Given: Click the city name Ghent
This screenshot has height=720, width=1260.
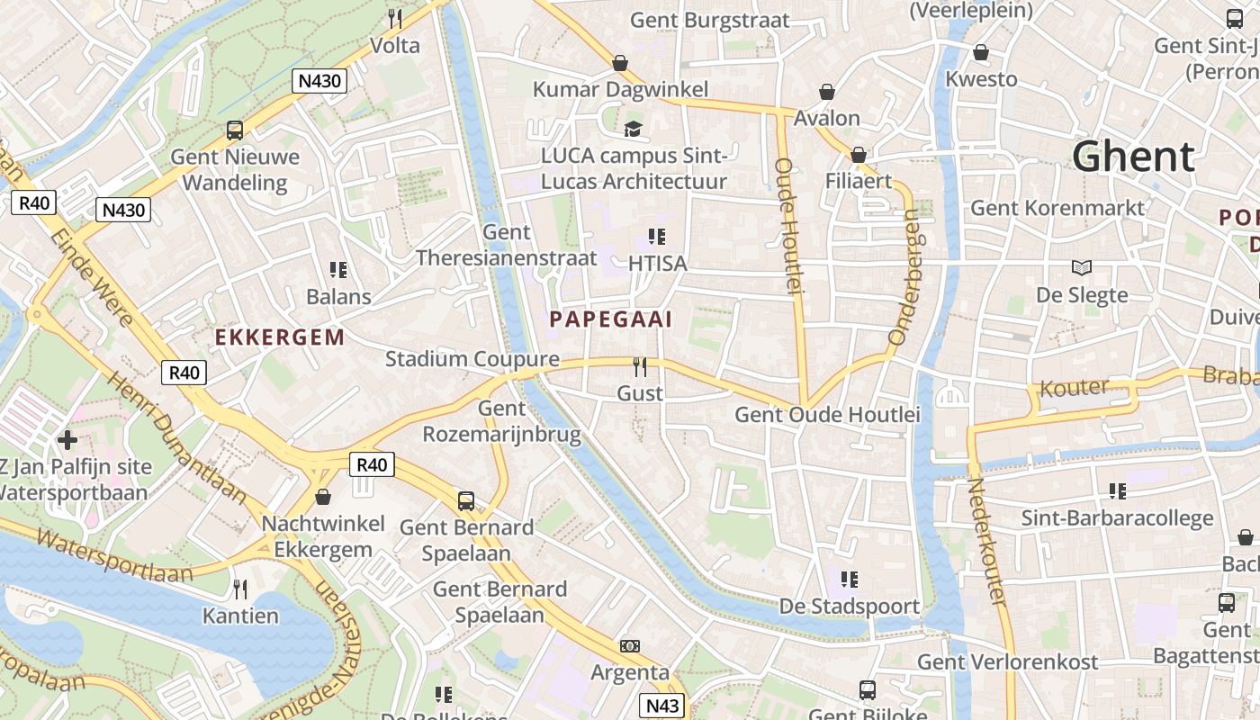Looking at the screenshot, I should tap(1133, 157).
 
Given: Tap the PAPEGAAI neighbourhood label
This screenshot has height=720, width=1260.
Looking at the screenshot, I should tap(611, 319).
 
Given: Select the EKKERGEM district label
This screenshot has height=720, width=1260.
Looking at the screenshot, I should tap(279, 337).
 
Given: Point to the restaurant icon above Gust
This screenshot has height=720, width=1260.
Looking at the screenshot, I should tap(640, 366).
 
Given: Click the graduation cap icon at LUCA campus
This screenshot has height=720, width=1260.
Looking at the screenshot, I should tap(634, 129).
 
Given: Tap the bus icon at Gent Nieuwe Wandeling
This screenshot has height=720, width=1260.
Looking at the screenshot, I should tap(235, 130).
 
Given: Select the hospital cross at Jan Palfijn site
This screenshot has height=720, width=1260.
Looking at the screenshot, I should tap(67, 440).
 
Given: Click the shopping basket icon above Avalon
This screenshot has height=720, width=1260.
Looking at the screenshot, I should tap(826, 92).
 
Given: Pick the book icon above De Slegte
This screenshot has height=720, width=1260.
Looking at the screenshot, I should tap(1082, 267).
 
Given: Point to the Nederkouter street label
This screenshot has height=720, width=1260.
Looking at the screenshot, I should tap(987, 540).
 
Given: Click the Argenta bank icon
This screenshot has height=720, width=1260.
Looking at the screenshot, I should tap(630, 646).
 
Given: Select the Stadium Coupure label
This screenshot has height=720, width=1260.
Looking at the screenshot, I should tap(472, 359).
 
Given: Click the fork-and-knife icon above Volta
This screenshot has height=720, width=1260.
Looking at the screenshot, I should tap(394, 18).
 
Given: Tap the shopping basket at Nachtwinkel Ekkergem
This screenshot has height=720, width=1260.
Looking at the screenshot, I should tap(322, 497).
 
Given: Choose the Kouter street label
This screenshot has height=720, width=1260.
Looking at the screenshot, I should tap(1075, 388).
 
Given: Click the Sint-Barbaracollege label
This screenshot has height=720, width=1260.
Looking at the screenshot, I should tap(1117, 518).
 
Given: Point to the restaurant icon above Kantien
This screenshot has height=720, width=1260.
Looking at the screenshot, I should tap(240, 589).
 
